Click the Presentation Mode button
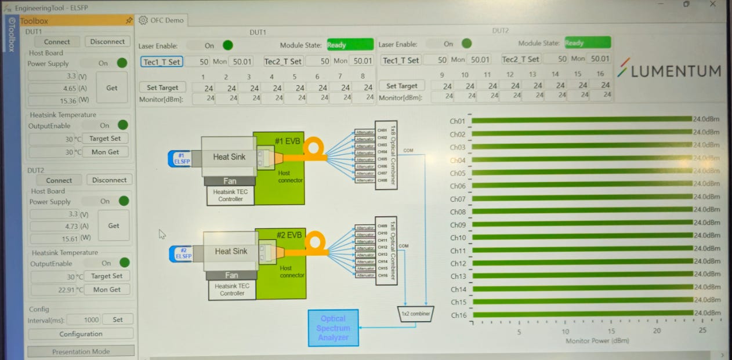point(81,351)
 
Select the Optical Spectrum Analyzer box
point(333,328)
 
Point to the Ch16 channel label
point(458,315)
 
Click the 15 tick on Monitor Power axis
point(611,331)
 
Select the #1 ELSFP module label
point(181,158)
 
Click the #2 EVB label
point(289,235)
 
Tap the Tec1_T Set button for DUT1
point(161,61)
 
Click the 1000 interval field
point(83,320)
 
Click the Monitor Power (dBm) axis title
point(597,341)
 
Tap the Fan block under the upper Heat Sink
point(230,181)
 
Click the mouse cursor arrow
point(162,234)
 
